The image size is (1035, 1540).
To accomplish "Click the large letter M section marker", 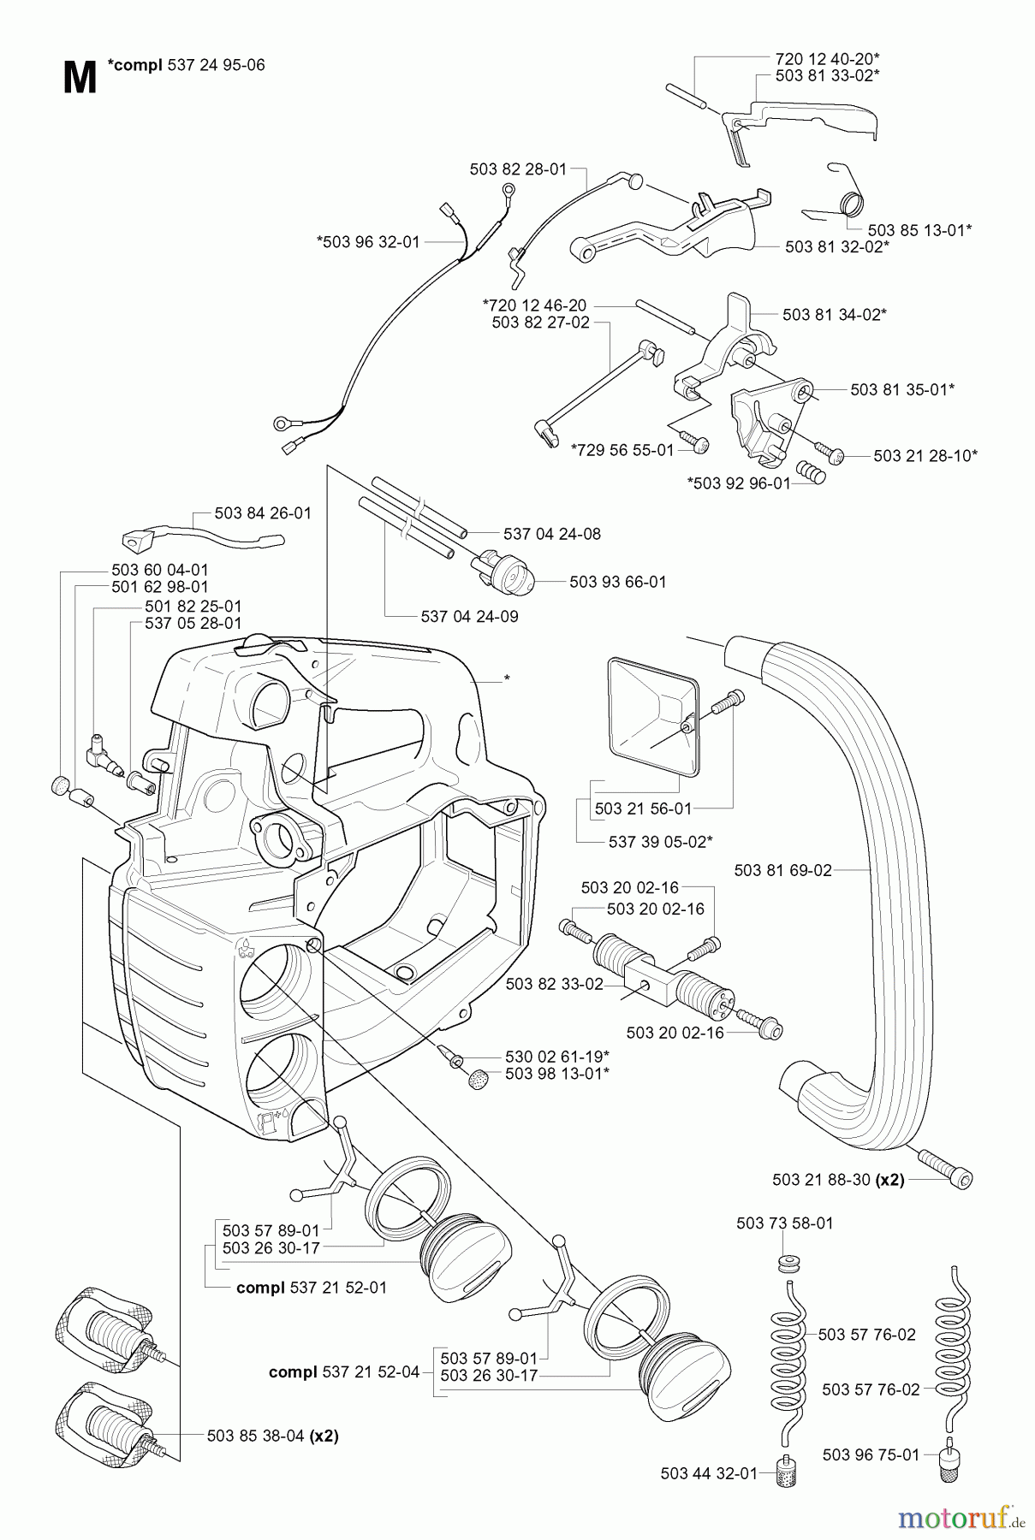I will [79, 79].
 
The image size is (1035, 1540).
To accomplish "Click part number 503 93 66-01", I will [617, 582].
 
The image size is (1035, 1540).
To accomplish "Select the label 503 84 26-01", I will [263, 513].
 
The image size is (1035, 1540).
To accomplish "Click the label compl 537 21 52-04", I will [344, 1371].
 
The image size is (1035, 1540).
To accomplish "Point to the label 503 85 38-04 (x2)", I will [272, 1436].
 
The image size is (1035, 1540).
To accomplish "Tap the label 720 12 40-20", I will [827, 58].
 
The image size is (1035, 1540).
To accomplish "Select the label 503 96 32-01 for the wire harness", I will [368, 242].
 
